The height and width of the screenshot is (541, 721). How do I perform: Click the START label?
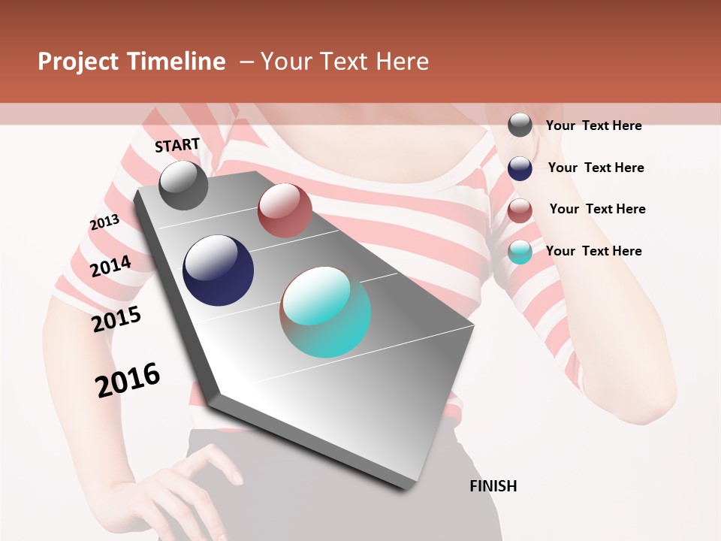(177, 145)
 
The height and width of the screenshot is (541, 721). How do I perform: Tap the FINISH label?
(493, 486)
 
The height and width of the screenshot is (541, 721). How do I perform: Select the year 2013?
(104, 222)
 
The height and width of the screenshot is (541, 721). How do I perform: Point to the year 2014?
(110, 266)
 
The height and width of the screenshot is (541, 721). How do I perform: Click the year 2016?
(128, 380)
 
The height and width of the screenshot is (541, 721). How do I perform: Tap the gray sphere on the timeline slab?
(183, 185)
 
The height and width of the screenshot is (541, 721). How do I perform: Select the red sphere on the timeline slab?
(285, 210)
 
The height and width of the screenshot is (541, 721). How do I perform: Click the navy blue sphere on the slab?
(218, 270)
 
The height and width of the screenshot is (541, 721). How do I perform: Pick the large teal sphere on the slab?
(326, 312)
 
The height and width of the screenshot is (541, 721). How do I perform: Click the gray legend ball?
(520, 125)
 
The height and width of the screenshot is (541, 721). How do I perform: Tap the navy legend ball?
(520, 168)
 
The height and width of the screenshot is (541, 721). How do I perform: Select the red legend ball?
(520, 210)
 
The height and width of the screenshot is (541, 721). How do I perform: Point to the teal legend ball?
(520, 252)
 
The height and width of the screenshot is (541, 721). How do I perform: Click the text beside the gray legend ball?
(593, 125)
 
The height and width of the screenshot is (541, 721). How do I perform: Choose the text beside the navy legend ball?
(596, 168)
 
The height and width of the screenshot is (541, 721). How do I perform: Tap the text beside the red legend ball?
(597, 209)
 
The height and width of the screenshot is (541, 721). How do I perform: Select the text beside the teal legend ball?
(593, 251)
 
